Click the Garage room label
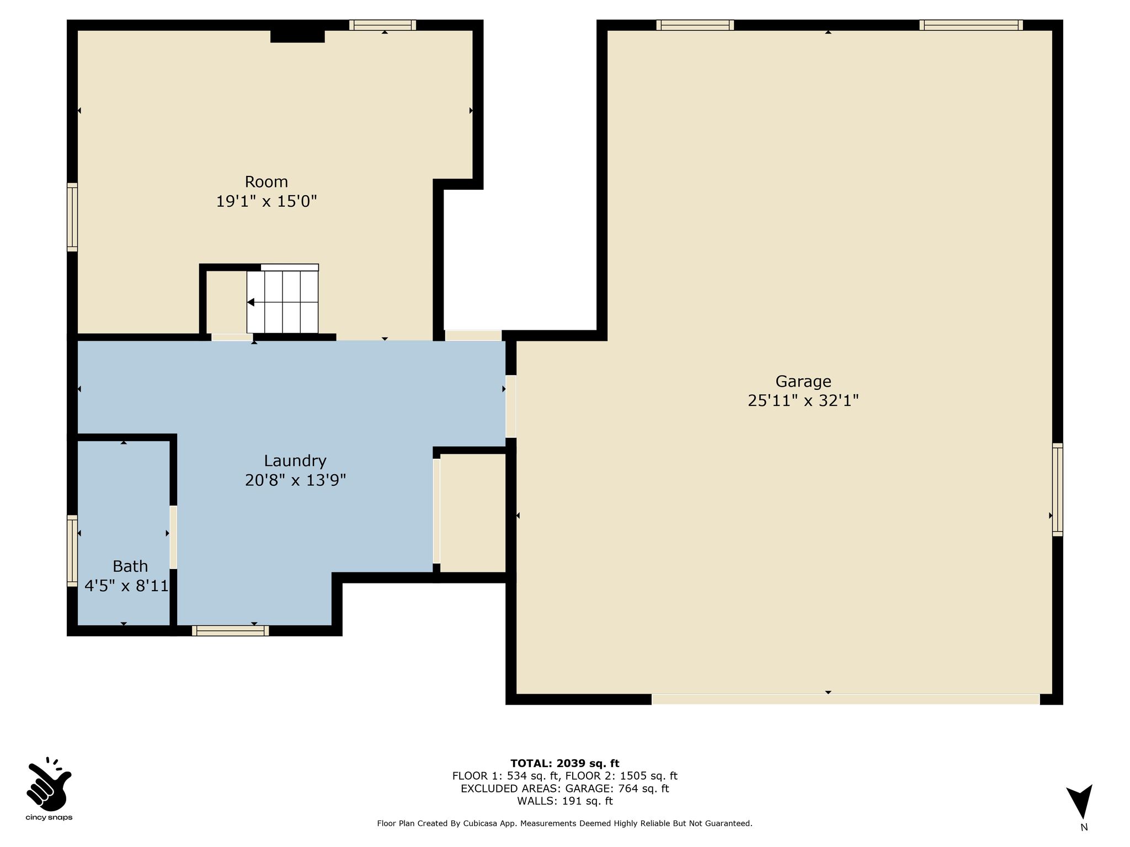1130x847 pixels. point(803,381)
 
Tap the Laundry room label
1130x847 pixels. point(295,461)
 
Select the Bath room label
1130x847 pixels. point(130,566)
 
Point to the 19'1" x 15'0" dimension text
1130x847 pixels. point(266,201)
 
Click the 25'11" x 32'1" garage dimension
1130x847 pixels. point(803,401)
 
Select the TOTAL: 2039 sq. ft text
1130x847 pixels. point(565,763)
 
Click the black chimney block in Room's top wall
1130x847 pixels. point(297,36)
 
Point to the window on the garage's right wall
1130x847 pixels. point(1057,490)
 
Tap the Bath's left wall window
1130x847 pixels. point(72,550)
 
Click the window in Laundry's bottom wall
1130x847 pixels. point(231,631)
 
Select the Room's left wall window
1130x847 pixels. point(72,217)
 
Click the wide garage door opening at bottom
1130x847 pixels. point(846,699)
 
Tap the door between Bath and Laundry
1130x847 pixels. point(173,537)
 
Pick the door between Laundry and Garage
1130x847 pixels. point(511,406)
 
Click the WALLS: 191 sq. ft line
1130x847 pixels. point(565,801)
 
